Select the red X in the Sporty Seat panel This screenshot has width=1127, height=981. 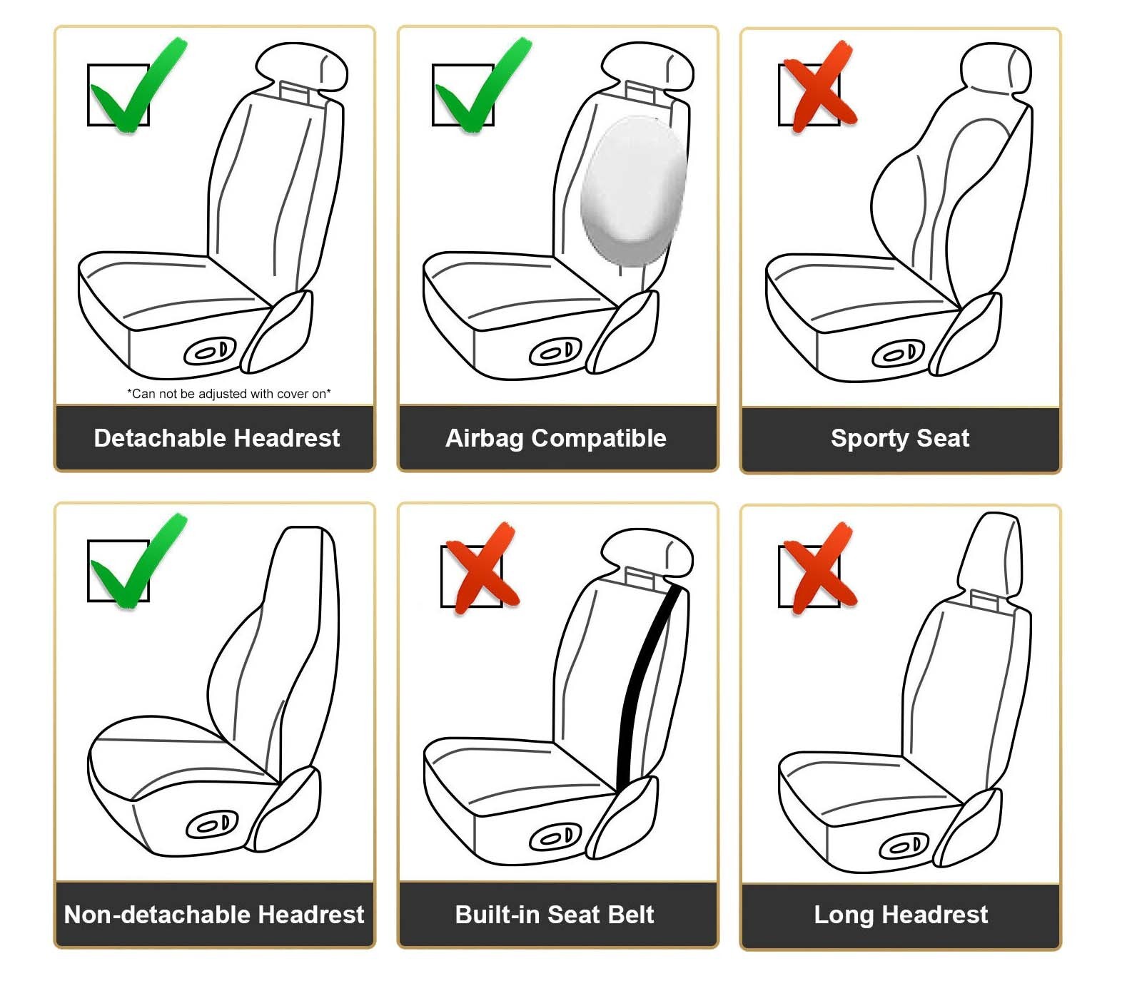click(819, 86)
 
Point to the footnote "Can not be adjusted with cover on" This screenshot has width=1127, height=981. click(229, 394)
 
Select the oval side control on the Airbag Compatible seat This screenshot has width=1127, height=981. click(555, 352)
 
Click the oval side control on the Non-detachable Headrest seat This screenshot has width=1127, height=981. click(212, 825)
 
